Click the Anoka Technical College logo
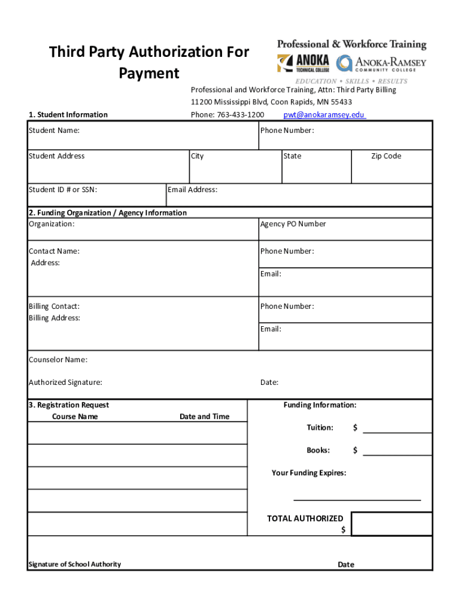[x=303, y=63]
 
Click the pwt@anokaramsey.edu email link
[x=324, y=115]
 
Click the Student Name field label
[x=54, y=131]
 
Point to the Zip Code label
[x=386, y=156]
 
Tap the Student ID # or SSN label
[x=63, y=190]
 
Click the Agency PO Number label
[x=293, y=224]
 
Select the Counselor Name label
[x=58, y=360]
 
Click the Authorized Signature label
[x=65, y=383]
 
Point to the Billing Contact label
[x=54, y=306]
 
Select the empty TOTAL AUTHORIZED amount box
[x=392, y=524]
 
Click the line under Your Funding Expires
[x=357, y=498]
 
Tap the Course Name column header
[x=75, y=417]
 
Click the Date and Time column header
[x=204, y=417]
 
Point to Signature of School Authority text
[x=74, y=565]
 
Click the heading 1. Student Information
[x=68, y=115]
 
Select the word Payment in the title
[x=149, y=74]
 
